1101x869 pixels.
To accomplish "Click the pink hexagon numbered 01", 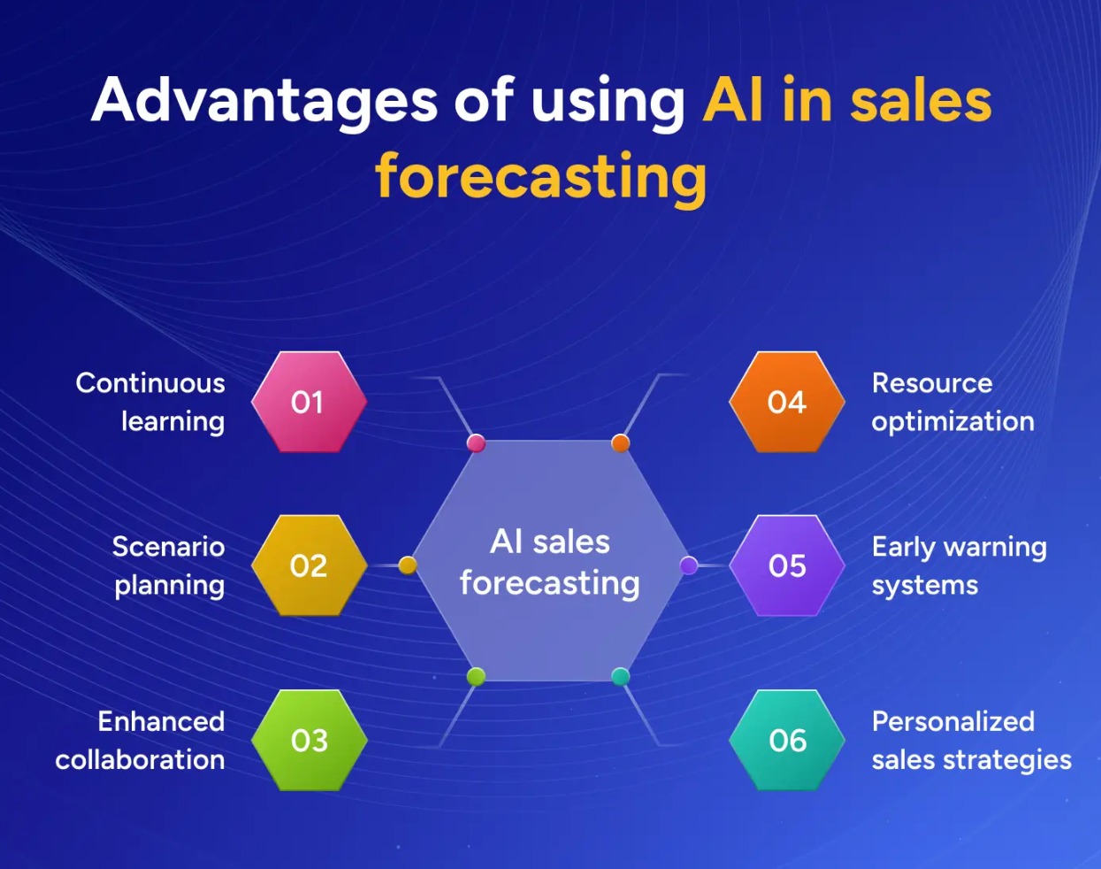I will [309, 403].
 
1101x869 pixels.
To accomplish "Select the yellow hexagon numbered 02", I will [309, 565].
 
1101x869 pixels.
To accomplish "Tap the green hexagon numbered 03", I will [309, 740].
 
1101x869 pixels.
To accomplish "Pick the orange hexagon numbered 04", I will [786, 403].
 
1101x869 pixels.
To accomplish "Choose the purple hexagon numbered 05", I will [786, 565].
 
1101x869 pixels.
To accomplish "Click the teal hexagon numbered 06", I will [786, 740].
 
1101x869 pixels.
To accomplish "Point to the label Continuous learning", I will [150, 402].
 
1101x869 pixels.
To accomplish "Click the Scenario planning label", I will [169, 565].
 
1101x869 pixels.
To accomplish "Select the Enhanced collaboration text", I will [141, 740].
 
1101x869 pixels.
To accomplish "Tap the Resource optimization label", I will [952, 402].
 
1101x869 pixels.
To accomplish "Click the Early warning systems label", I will [959, 565].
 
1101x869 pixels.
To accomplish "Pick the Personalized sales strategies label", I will [971, 740].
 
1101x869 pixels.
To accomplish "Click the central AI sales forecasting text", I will [550, 563].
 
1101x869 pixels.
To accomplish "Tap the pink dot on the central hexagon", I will [476, 442].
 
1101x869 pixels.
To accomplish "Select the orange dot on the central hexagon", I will [621, 442].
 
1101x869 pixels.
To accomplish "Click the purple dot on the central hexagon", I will [689, 565].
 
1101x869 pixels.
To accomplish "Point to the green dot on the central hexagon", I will [476, 677].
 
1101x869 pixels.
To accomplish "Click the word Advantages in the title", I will [264, 101].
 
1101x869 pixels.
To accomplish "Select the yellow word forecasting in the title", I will [540, 177].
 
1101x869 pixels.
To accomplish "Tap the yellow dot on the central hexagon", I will [408, 565].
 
